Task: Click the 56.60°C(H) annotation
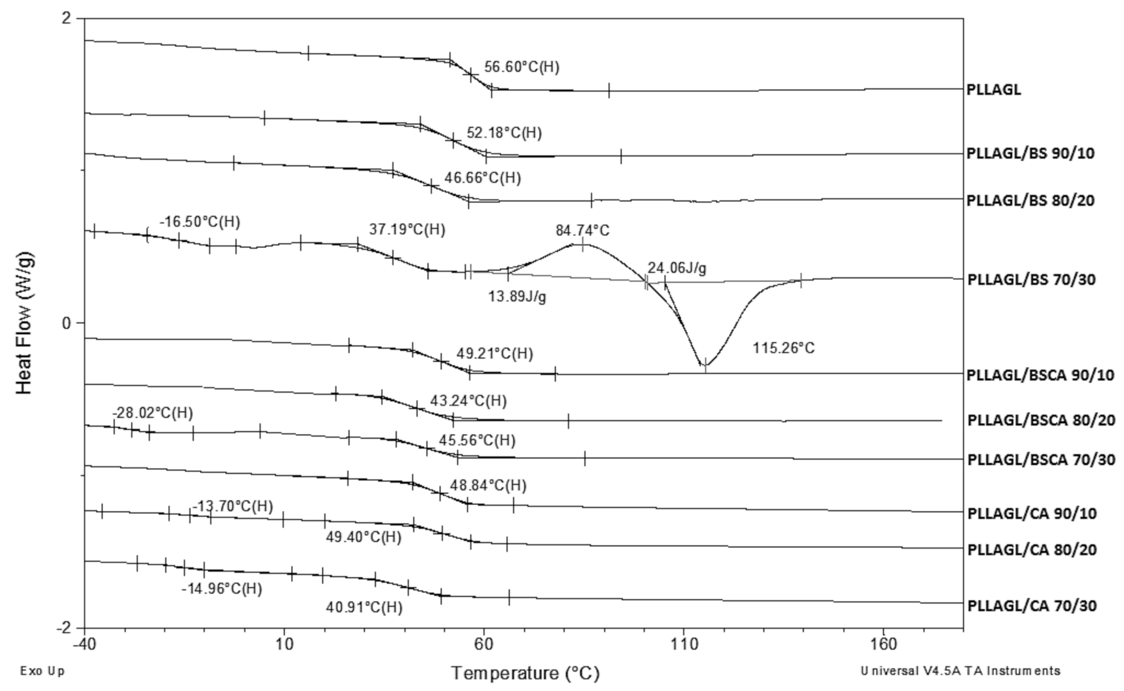pyautogui.click(x=521, y=67)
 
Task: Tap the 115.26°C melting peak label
pyautogui.click(x=783, y=348)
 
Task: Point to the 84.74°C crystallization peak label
pyautogui.click(x=583, y=230)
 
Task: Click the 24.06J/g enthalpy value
pyautogui.click(x=677, y=268)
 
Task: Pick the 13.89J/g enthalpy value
pyautogui.click(x=517, y=297)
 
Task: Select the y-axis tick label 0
pyautogui.click(x=65, y=323)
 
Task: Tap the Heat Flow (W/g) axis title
pyautogui.click(x=24, y=323)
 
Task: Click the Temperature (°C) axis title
pyautogui.click(x=525, y=673)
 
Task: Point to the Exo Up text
pyautogui.click(x=43, y=671)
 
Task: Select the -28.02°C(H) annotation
pyautogui.click(x=152, y=413)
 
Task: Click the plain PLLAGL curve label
pyautogui.click(x=994, y=89)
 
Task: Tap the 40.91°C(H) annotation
pyautogui.click(x=364, y=606)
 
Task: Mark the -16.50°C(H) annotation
pyautogui.click(x=199, y=222)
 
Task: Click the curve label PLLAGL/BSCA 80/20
pyautogui.click(x=1041, y=420)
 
